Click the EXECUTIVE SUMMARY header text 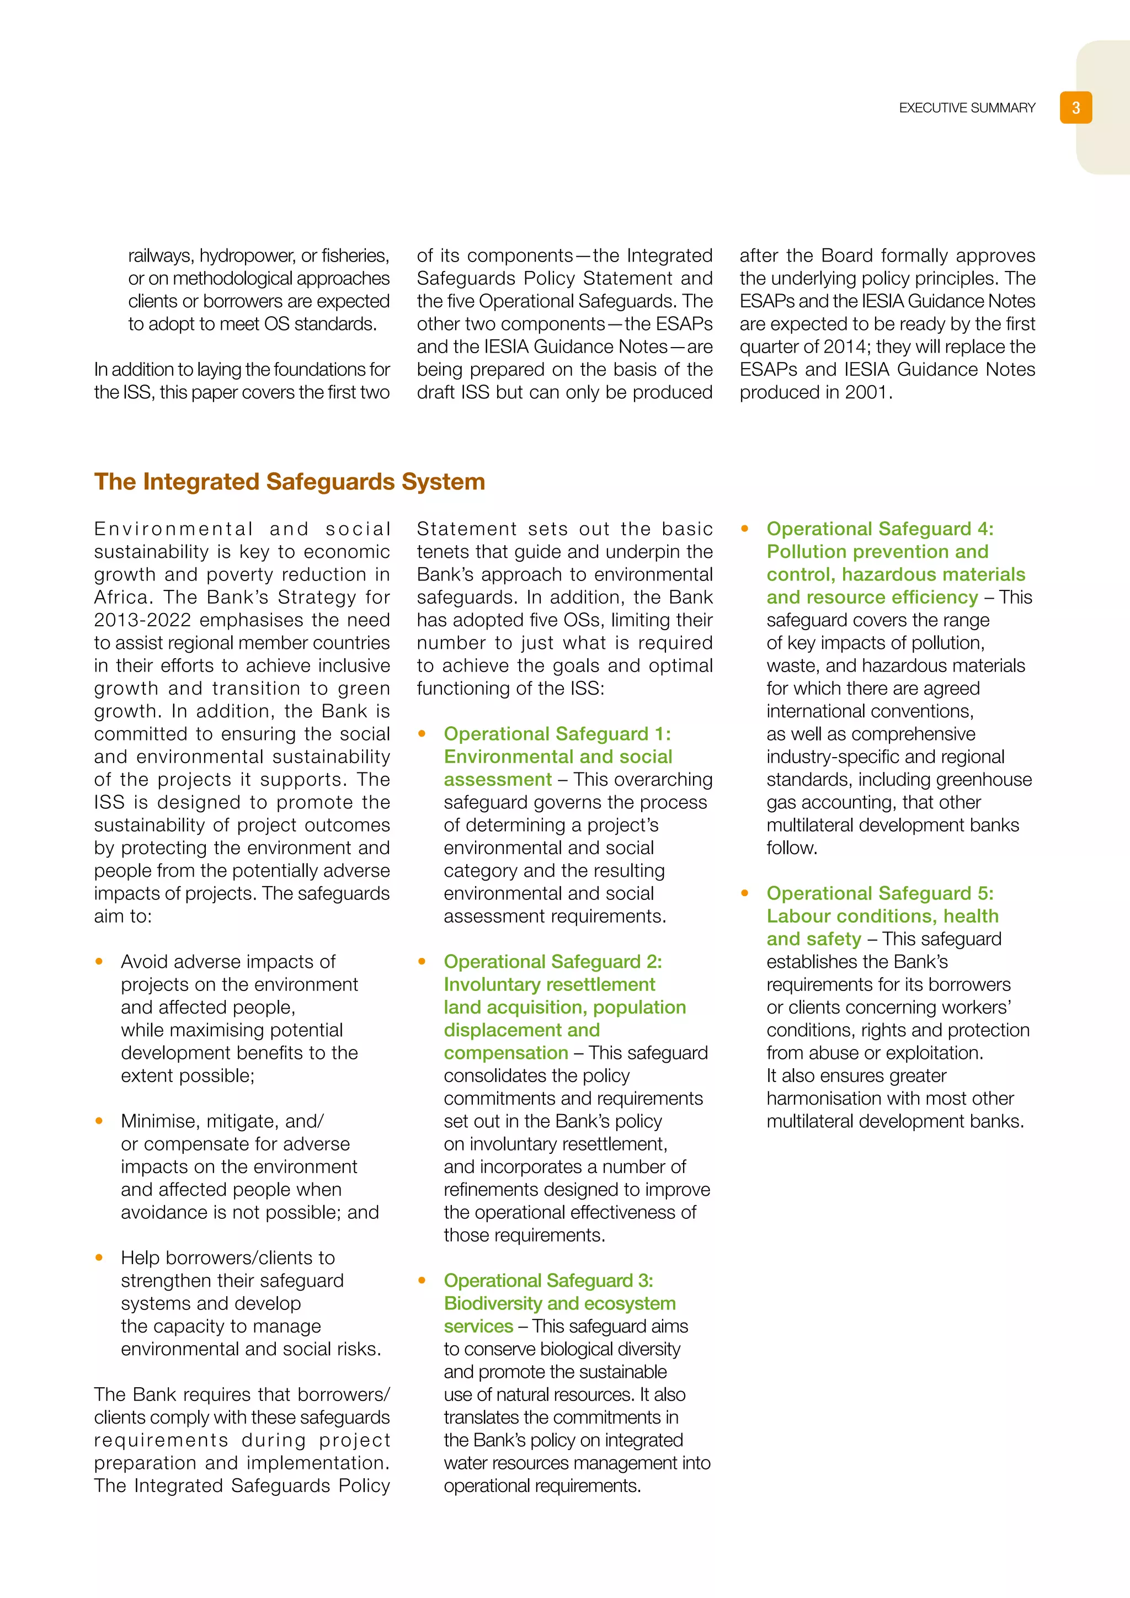coord(967,108)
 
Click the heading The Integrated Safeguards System coord(290,482)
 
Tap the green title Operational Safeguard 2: coord(552,961)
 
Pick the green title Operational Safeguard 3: coord(548,1280)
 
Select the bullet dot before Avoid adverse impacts coord(99,961)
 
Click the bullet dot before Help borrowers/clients coord(99,1257)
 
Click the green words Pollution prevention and coord(877,551)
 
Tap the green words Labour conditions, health coord(882,916)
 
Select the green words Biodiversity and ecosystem coord(559,1303)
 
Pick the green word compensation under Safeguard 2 coord(506,1052)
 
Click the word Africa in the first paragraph coord(122,596)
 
